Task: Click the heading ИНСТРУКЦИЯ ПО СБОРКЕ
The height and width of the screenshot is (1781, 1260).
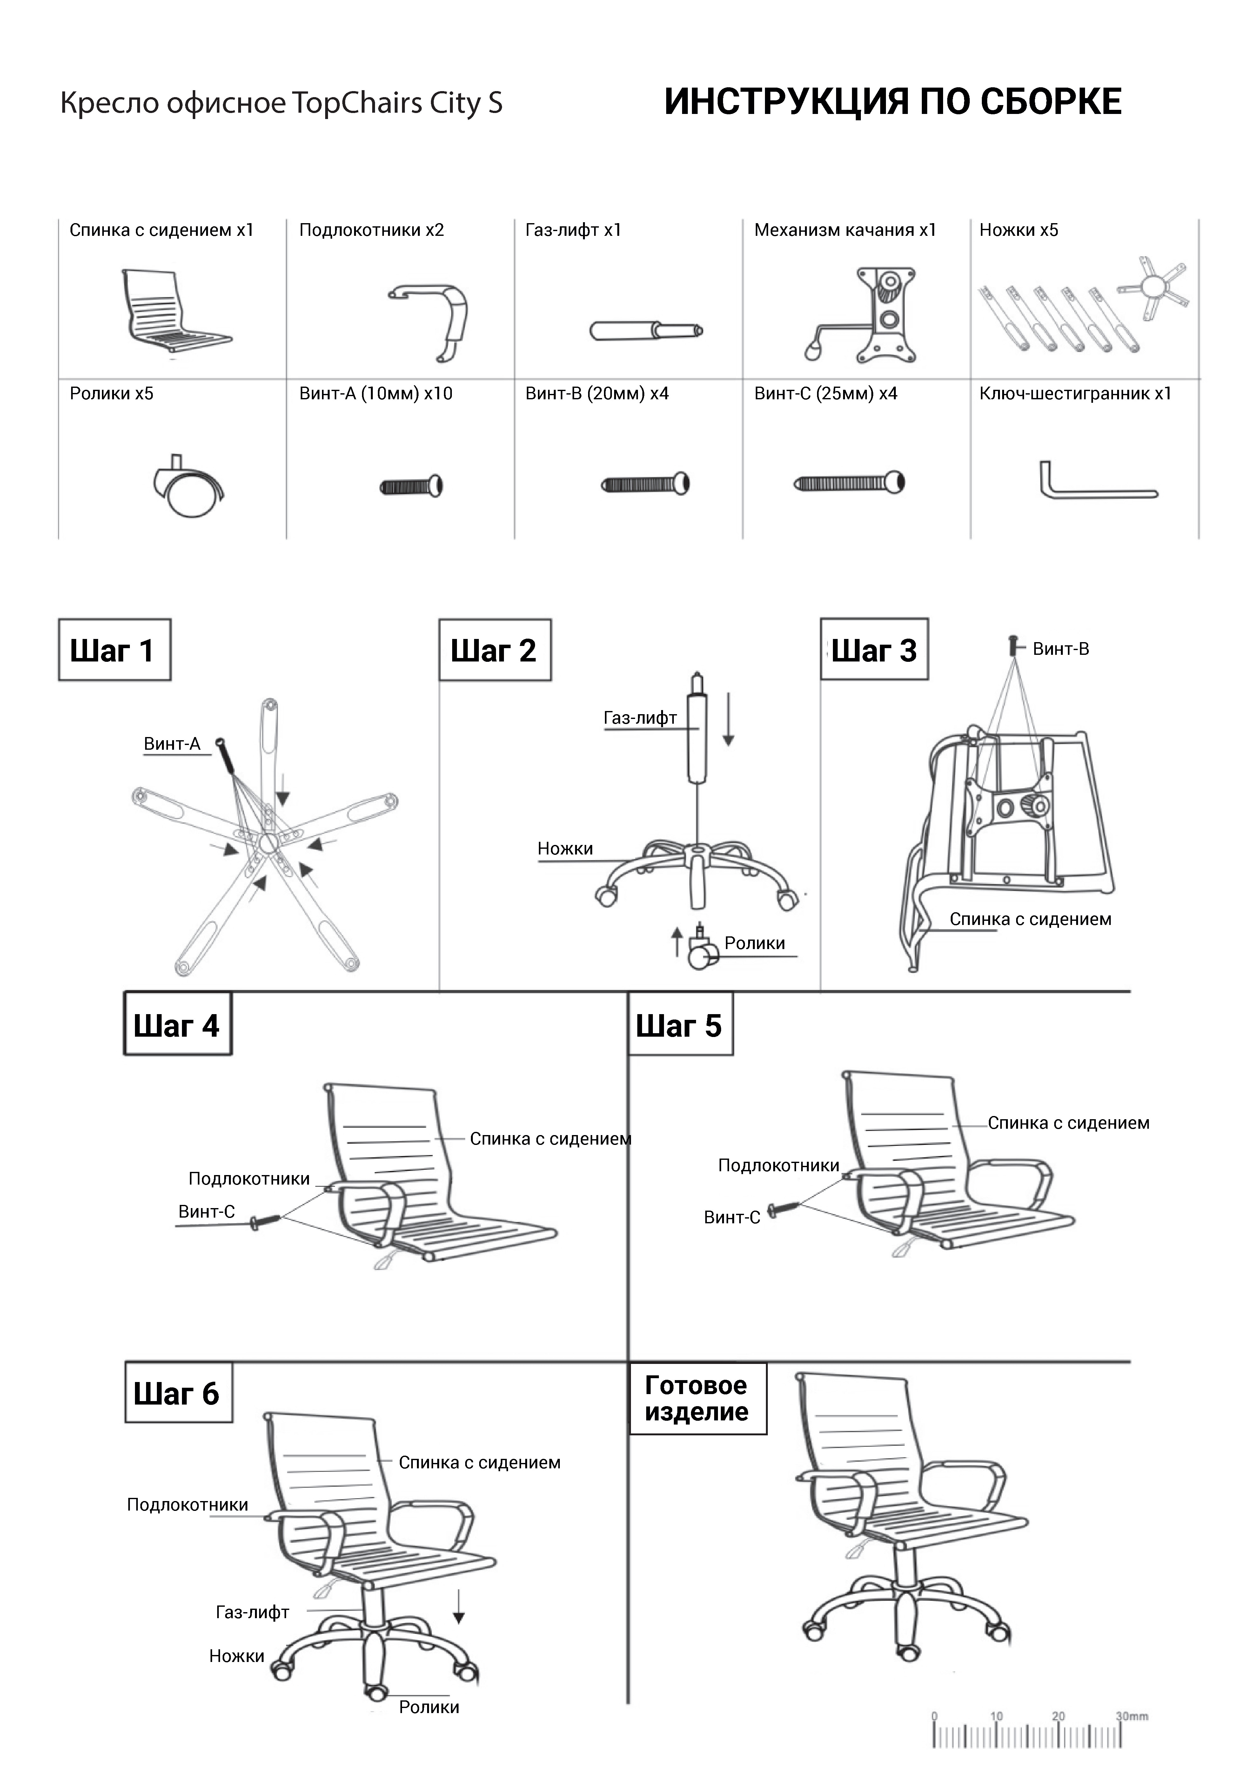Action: coord(892,102)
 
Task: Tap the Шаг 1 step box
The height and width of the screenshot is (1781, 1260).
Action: coord(114,650)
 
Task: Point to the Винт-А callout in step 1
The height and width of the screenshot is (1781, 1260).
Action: coord(172,744)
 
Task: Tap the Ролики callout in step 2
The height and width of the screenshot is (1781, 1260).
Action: coord(754,943)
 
